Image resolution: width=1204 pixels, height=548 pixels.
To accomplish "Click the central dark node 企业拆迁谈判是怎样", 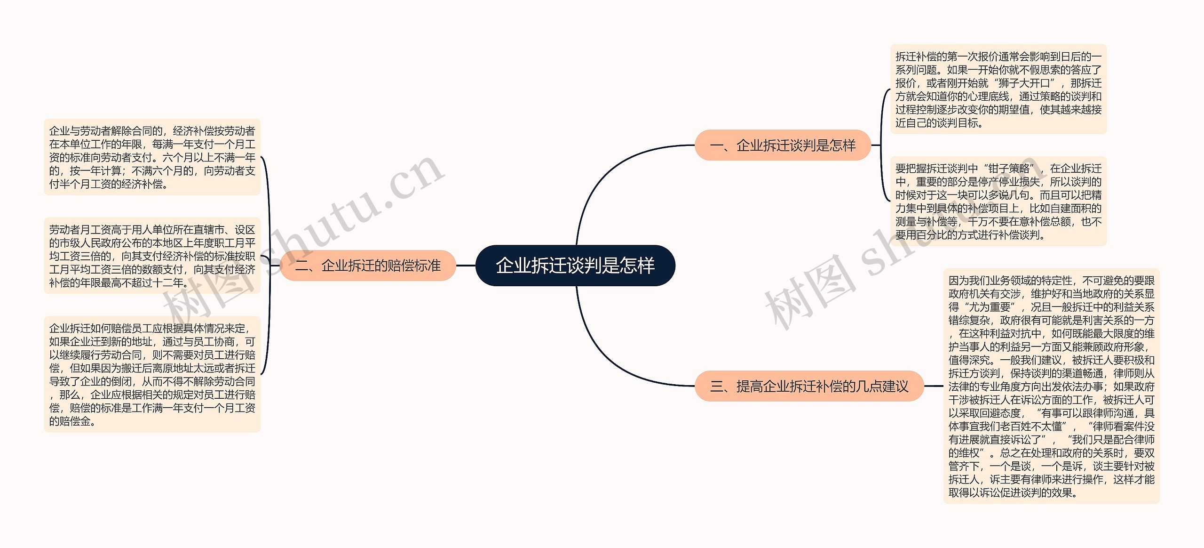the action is pos(575,266).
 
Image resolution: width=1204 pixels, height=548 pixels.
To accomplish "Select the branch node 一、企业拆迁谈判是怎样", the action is pos(783,145).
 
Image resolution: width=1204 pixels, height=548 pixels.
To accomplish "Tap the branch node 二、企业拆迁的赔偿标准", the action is pos(368,266).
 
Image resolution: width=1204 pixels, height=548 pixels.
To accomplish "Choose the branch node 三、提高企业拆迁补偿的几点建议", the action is pos(809,387).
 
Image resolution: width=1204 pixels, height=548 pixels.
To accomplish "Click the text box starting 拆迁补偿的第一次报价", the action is pos(998,89).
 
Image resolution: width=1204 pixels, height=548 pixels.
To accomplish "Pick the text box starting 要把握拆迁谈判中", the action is pos(998,201).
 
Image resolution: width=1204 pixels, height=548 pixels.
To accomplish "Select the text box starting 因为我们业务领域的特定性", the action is pos(1051,386).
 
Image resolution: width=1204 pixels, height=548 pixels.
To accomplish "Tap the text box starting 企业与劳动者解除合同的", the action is pos(152,157).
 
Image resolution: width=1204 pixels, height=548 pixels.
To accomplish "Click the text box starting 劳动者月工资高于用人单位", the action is pos(152,256).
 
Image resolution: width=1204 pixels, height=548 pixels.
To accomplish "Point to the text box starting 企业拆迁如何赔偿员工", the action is pos(152,374).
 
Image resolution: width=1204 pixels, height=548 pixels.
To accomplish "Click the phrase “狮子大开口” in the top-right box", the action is pos(1024,83).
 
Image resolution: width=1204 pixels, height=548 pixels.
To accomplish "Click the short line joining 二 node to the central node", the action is pos(466,266).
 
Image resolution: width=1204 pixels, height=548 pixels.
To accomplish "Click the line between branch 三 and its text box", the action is pos(934,387).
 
